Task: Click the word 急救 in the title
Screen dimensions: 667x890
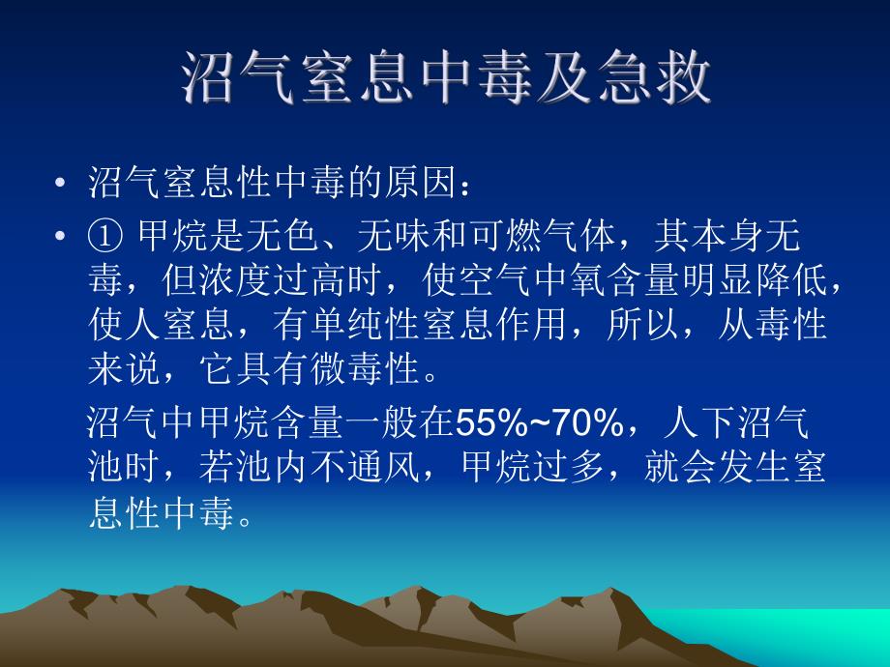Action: click(x=657, y=78)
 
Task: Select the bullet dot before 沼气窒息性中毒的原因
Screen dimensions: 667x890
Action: click(x=62, y=184)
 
